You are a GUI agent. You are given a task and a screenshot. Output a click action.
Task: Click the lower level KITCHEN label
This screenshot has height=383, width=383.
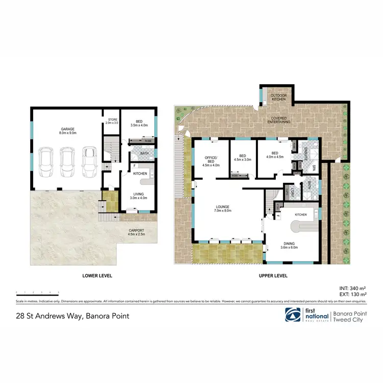(x=140, y=174)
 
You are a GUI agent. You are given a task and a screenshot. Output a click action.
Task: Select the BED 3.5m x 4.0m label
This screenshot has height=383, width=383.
(x=139, y=123)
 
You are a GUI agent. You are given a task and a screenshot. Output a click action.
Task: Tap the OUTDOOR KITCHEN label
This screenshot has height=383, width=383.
(x=278, y=97)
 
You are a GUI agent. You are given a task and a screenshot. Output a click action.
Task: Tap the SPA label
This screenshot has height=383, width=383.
(x=314, y=168)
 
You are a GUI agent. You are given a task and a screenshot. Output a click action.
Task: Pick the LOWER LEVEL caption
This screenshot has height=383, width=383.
(x=97, y=275)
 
